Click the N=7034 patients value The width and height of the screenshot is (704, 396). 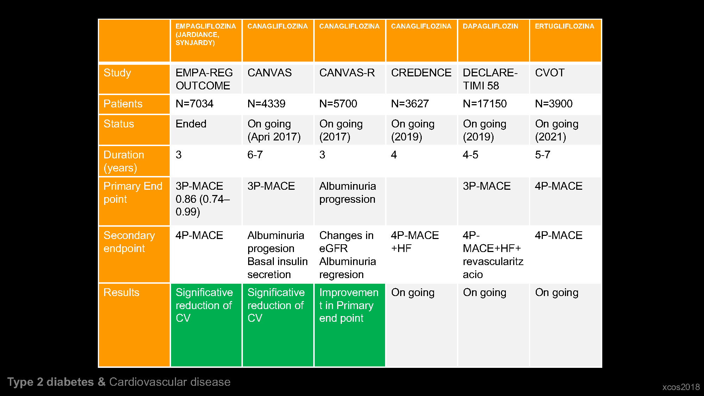click(x=194, y=104)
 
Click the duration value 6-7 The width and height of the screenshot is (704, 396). click(x=255, y=155)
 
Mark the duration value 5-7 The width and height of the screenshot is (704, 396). click(x=542, y=155)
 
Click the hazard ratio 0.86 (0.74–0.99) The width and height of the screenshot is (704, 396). click(x=203, y=206)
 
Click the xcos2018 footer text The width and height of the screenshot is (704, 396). click(x=681, y=387)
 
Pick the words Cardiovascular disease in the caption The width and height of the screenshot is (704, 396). click(x=170, y=382)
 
